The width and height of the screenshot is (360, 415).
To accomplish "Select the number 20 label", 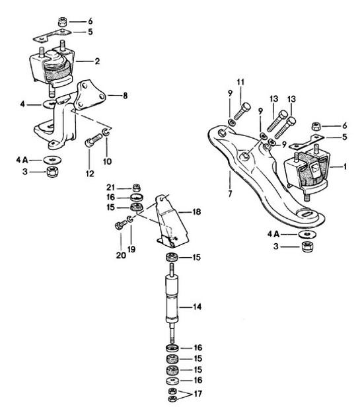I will [x=119, y=254].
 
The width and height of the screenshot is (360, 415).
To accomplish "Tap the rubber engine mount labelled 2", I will [x=56, y=67].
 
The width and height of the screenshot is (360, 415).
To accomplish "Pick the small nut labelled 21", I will [x=136, y=186].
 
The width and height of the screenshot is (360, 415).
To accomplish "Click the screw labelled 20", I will [x=120, y=226].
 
